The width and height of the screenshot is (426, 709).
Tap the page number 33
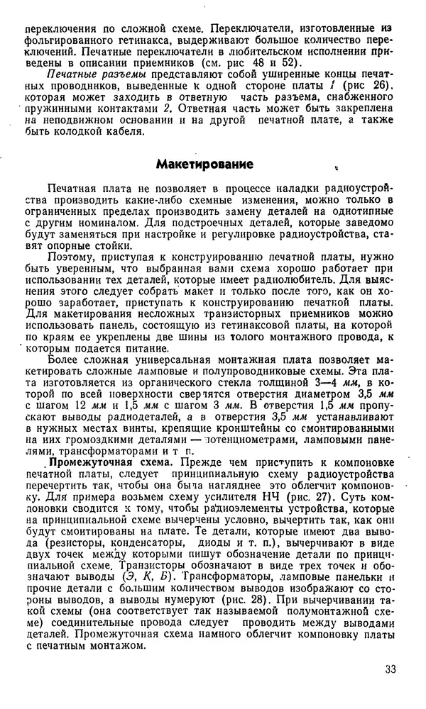pos(390,669)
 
